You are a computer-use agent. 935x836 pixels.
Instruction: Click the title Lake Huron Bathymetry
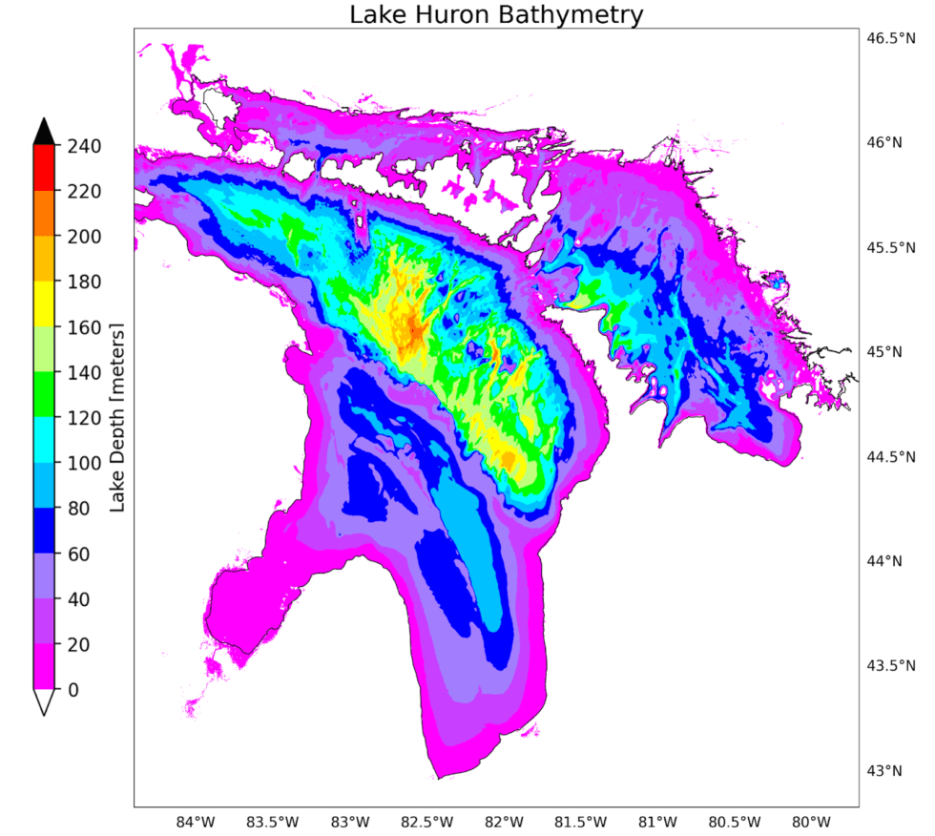(x=496, y=15)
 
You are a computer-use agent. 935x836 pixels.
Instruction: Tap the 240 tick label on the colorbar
(x=84, y=146)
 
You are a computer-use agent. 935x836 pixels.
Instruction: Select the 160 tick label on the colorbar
(x=84, y=327)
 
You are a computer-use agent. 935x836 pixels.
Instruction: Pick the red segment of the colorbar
(x=44, y=168)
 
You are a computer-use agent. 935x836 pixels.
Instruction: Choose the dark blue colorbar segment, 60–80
(x=44, y=531)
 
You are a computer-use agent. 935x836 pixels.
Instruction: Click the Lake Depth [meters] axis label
(x=118, y=417)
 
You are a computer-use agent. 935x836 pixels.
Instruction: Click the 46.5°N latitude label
(x=883, y=39)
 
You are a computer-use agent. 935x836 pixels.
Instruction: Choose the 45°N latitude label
(x=883, y=352)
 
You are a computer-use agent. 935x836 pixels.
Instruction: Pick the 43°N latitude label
(x=883, y=770)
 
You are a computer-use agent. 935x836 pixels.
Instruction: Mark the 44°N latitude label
(x=883, y=561)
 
